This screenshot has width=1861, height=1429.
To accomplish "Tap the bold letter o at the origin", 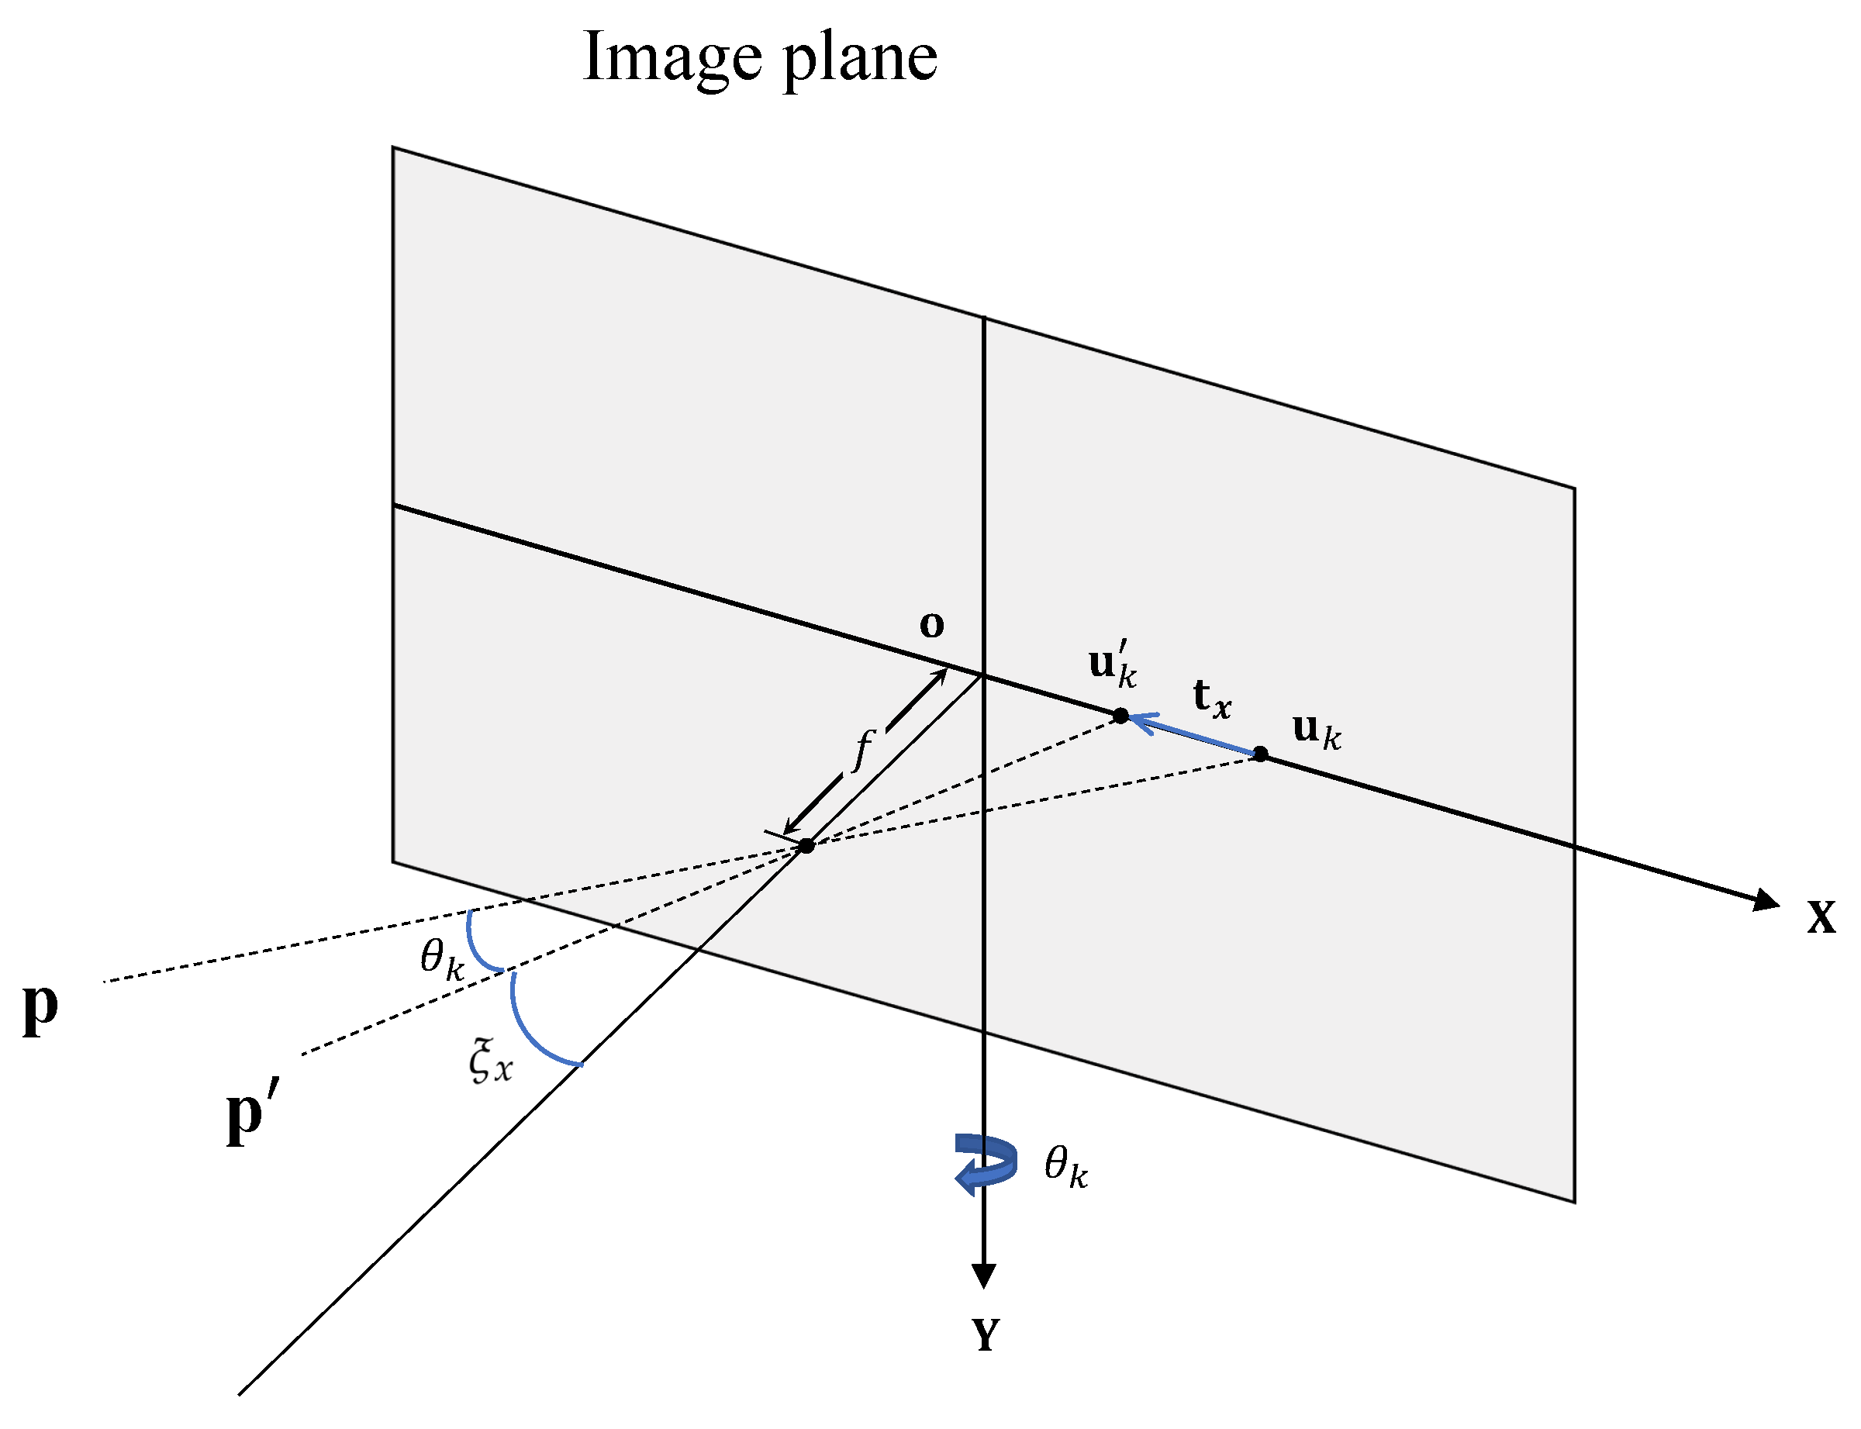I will pyautogui.click(x=931, y=624).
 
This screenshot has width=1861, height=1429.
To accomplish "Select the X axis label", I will pyautogui.click(x=1821, y=917).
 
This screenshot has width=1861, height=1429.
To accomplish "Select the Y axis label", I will pyautogui.click(x=986, y=1334).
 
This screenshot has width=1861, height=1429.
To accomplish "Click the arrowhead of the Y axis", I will pyautogui.click(x=983, y=1276).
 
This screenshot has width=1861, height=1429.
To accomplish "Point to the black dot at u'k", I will pyautogui.click(x=1120, y=716).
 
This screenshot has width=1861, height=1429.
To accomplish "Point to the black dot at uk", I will pyautogui.click(x=1261, y=754).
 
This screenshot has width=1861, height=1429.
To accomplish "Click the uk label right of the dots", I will pyautogui.click(x=1316, y=730).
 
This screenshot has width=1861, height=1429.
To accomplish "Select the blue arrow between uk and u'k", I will pyautogui.click(x=1191, y=735).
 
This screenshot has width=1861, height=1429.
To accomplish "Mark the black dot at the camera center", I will pyautogui.click(x=806, y=844).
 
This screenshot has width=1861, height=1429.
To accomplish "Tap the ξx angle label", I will pyautogui.click(x=491, y=1061).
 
